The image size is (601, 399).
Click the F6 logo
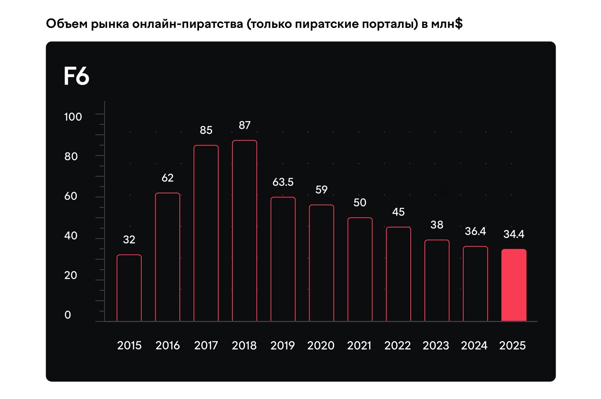click(76, 76)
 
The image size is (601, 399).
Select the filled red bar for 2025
click(514, 285)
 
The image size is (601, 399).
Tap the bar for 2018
click(244, 231)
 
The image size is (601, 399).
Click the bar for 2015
click(129, 288)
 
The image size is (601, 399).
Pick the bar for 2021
click(360, 270)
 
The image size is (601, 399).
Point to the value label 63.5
click(283, 182)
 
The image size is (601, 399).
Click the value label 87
click(244, 125)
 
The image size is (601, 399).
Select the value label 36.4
click(475, 231)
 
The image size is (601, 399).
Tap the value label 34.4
click(514, 234)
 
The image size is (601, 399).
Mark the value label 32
click(129, 239)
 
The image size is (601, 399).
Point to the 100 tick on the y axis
click(73, 117)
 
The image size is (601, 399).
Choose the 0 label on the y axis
click(68, 315)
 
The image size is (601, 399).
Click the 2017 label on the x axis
click(206, 346)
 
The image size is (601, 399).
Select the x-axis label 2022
click(397, 346)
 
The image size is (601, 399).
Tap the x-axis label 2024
click(474, 346)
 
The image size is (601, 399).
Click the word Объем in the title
click(62, 25)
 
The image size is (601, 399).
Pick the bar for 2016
click(167, 257)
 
